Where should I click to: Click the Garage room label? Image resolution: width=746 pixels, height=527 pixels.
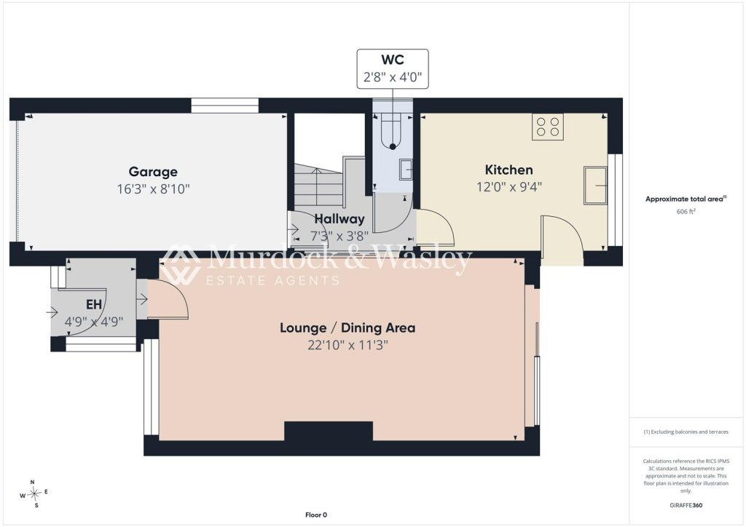coord(153,172)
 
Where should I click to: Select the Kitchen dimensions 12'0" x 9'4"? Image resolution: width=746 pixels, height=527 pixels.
coord(509,187)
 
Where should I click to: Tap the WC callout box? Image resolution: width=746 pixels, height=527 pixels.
coord(393,68)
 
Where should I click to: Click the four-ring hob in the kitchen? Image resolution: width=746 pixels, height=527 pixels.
coord(548,127)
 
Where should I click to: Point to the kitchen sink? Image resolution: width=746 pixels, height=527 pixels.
coord(595,186)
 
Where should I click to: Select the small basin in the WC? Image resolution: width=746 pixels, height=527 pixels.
coord(406,170)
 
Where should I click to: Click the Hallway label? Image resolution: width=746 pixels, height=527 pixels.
coord(339,219)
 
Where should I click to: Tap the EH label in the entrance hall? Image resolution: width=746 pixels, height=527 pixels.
coord(94,304)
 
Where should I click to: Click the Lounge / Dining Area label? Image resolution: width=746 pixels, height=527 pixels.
coord(348,328)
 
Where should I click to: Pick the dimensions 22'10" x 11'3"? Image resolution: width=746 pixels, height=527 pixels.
coord(348,345)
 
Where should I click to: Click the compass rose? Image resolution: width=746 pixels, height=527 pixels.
coord(34,494)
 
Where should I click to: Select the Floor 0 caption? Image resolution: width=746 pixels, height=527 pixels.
coord(316,515)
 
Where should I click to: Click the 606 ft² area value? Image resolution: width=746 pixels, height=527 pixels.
coord(686,212)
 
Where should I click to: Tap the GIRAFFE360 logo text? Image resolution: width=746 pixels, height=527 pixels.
coord(686,505)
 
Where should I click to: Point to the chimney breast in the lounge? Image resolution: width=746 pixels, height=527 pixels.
coord(329,431)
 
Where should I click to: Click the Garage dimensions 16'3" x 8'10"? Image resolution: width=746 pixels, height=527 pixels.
coord(153,189)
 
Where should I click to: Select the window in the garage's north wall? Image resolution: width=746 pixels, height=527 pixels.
coord(224,105)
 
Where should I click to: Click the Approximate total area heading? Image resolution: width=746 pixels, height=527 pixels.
coord(686,199)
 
